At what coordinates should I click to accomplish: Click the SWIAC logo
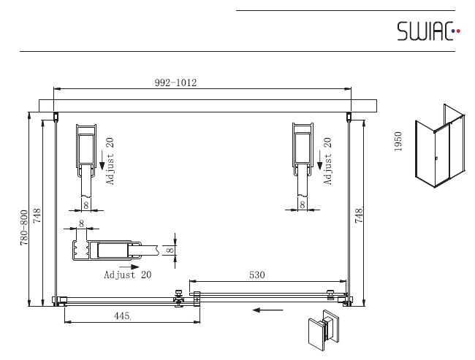pos(428,31)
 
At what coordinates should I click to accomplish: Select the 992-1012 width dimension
pos(175,83)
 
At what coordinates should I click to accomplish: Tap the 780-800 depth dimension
pos(24,228)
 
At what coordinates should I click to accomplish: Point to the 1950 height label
pos(398,142)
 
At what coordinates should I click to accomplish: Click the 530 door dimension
pos(257,275)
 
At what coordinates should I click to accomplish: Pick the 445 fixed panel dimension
pos(122,316)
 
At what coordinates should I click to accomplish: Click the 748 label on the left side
pos(37,215)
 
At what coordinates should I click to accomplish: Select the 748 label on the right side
pos(359,215)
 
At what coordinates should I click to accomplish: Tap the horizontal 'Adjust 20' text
pos(128,275)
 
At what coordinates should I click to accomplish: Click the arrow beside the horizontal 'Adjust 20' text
pos(129,267)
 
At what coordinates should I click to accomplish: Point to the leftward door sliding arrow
pos(267,310)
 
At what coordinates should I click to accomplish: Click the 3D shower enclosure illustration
pos(439,146)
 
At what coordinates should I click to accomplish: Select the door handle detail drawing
pos(324,330)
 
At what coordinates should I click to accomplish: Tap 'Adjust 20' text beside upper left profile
pos(110,161)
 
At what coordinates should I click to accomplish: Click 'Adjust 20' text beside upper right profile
pos(327,161)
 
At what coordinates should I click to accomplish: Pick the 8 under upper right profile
pos(303,205)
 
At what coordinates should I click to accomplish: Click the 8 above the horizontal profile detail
pos(81,223)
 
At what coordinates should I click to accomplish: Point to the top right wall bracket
pos(349,117)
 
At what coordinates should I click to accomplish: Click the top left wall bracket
pos(56,117)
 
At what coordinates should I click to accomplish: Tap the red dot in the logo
pos(458,31)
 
